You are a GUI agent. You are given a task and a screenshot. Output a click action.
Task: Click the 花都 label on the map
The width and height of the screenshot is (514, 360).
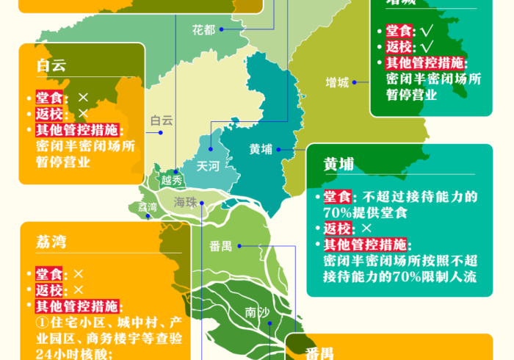[203, 30]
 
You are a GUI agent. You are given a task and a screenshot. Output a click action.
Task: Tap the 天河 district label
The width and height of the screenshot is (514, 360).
[208, 166]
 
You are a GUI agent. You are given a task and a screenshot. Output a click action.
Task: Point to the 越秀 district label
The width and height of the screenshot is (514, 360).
[172, 180]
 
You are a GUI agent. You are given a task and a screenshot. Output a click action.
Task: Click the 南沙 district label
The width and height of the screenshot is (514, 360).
[256, 313]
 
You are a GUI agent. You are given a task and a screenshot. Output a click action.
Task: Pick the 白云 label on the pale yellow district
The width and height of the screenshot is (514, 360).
[162, 120]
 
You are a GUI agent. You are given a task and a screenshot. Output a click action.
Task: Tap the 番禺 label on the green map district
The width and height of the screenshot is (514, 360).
[220, 246]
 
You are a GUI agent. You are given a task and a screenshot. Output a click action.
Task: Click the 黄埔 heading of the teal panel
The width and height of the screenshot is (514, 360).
[339, 165]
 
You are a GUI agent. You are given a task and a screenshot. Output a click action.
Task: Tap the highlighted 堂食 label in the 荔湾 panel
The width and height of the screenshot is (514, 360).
[49, 274]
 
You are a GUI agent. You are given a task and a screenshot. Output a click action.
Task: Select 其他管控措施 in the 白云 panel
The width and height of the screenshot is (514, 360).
[76, 130]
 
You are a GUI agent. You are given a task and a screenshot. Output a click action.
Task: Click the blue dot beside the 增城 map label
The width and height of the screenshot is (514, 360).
[355, 82]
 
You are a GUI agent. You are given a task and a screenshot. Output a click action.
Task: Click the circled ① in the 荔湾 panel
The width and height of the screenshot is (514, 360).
[41, 323]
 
